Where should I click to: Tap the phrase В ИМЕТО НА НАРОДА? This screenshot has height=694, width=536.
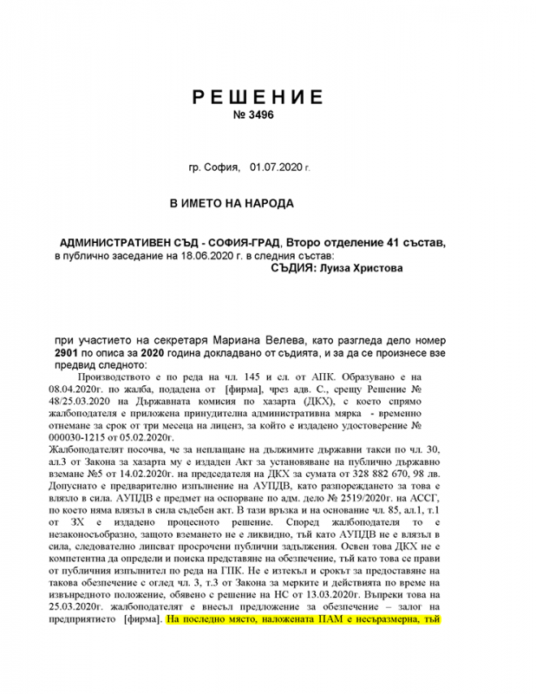pyautogui.click(x=232, y=204)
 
